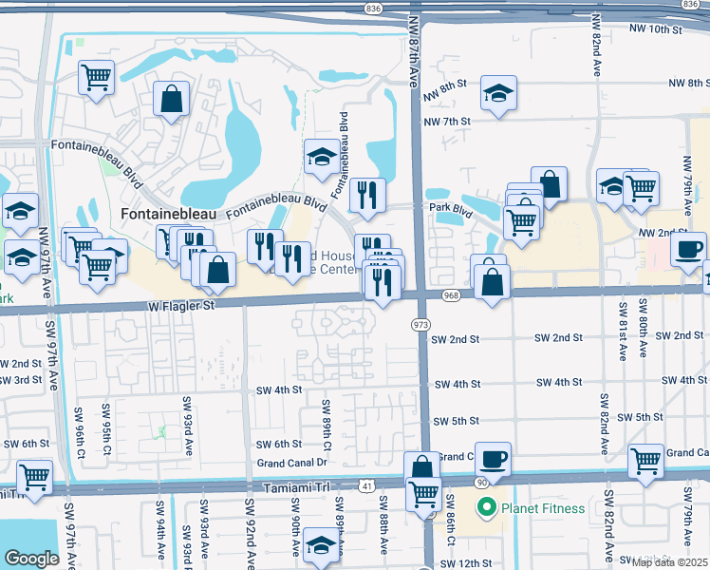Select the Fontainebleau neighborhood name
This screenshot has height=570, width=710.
(x=171, y=214)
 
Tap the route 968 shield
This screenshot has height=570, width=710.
(x=451, y=295)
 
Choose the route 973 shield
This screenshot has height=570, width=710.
(x=419, y=325)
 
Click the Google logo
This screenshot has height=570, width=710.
(x=31, y=559)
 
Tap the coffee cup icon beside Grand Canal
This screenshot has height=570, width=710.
(x=493, y=459)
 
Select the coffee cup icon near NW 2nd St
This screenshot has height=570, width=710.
(x=688, y=249)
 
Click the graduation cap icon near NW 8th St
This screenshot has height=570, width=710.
(x=496, y=94)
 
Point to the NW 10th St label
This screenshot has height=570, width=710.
(x=656, y=29)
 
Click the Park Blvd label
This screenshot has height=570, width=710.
(x=450, y=207)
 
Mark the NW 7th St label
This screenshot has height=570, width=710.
(x=447, y=122)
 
